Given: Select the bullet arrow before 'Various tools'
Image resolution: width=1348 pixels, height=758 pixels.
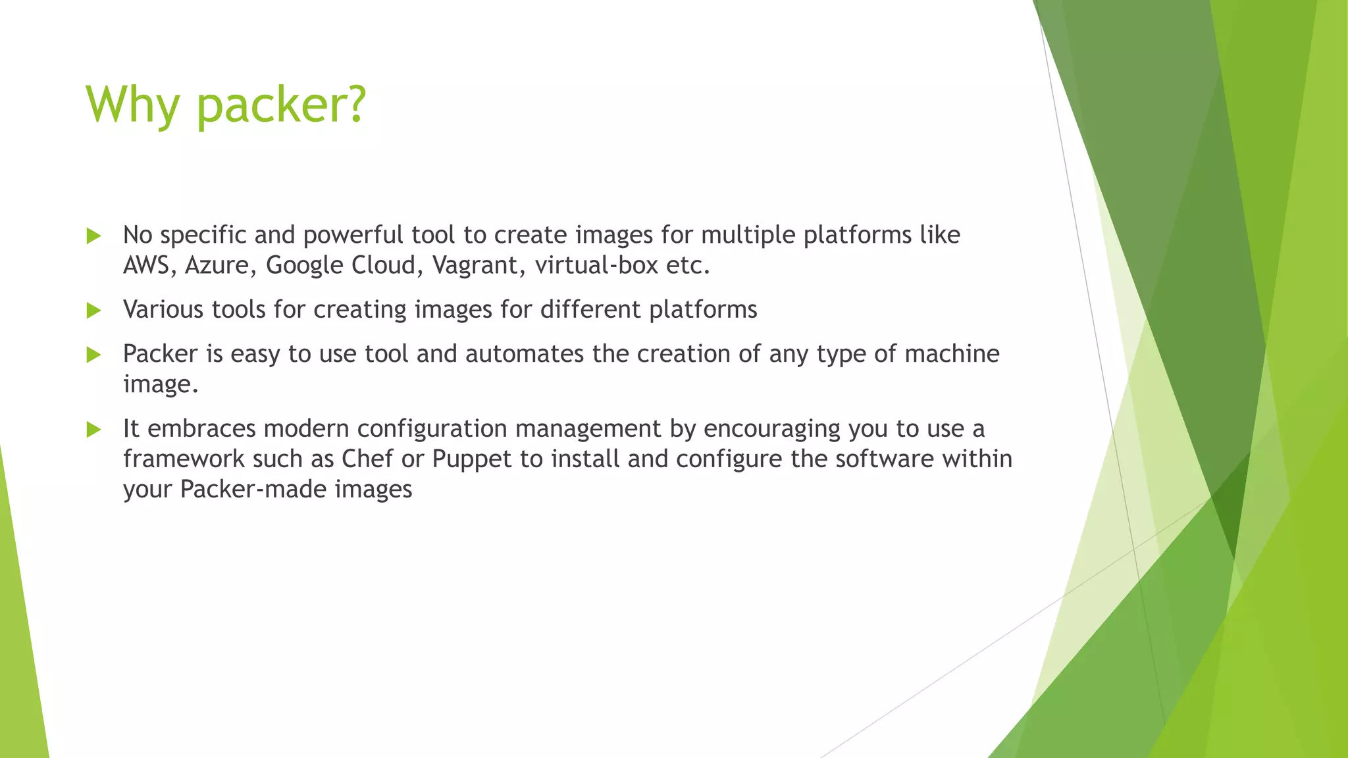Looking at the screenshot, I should pyautogui.click(x=94, y=311).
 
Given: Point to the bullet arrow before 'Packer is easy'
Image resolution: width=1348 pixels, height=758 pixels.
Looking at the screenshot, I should pyautogui.click(x=94, y=355).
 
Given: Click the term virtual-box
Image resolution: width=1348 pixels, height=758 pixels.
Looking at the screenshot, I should pyautogui.click(x=596, y=265).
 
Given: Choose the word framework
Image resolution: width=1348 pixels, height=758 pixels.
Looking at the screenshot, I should pyautogui.click(x=184, y=459).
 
